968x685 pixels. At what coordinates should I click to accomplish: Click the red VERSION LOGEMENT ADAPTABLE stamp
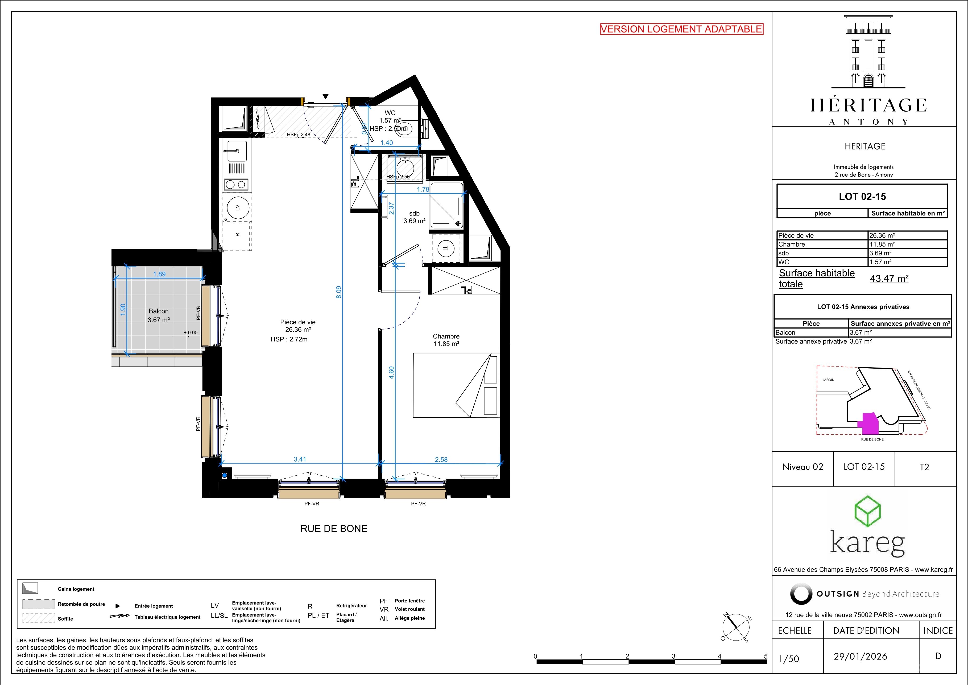click(x=682, y=29)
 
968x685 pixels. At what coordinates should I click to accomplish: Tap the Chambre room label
click(x=446, y=336)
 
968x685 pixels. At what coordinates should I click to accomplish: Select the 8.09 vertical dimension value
click(x=338, y=292)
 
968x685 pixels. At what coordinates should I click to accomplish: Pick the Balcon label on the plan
click(x=159, y=311)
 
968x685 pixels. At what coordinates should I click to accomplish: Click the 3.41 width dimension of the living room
click(x=300, y=459)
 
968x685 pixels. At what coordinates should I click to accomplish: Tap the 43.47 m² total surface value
click(x=889, y=279)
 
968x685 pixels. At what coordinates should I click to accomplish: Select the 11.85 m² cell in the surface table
click(x=882, y=244)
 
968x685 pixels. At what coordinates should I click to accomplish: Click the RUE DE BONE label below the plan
click(x=334, y=529)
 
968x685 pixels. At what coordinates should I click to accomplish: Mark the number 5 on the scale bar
click(x=766, y=656)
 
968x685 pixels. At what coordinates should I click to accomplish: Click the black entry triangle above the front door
click(x=325, y=96)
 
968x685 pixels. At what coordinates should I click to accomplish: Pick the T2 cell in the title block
click(x=924, y=467)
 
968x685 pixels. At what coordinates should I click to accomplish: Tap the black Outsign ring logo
click(x=801, y=594)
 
